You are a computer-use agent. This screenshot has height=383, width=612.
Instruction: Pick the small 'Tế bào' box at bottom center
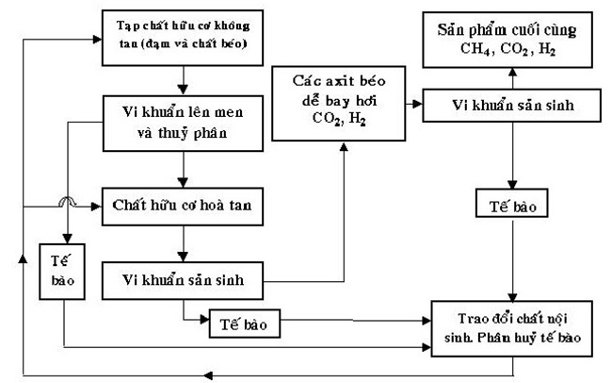240,323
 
